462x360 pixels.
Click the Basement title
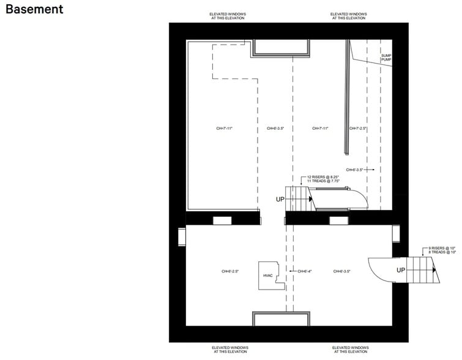[x=34, y=10]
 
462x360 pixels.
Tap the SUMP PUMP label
[x=386, y=58]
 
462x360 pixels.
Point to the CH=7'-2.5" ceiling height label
[x=358, y=129]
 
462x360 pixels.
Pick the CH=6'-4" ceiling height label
[x=304, y=271]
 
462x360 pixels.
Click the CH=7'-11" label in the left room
[x=225, y=129]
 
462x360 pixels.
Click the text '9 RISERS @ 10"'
[x=442, y=248]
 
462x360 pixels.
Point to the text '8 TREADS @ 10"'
[x=442, y=252]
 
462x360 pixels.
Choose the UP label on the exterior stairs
[x=401, y=270]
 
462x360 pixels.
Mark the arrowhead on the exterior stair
[x=433, y=270]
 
